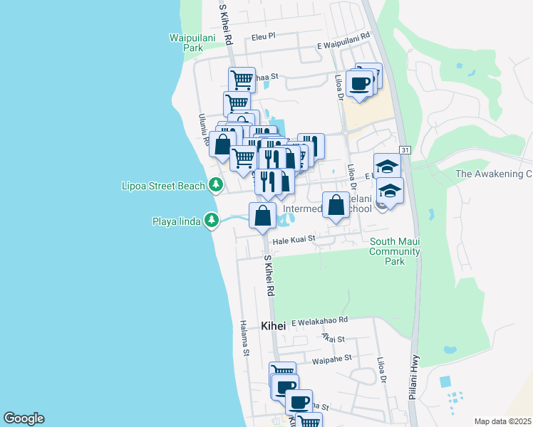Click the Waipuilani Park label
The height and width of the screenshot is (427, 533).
pyautogui.click(x=187, y=42)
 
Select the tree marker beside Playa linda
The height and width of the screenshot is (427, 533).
pyautogui.click(x=211, y=221)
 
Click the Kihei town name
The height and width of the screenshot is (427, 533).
pyautogui.click(x=273, y=326)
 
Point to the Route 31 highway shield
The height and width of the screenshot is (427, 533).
pyautogui.click(x=405, y=149)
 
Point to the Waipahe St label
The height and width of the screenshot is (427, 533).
pyautogui.click(x=333, y=359)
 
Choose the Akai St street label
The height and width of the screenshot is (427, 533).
pyautogui.click(x=333, y=340)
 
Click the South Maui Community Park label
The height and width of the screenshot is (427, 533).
pyautogui.click(x=394, y=251)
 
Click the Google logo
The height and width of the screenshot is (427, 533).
pyautogui.click(x=24, y=418)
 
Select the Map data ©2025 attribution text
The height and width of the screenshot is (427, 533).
pyautogui.click(x=502, y=421)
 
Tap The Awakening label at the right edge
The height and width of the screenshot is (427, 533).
pyautogui.click(x=494, y=174)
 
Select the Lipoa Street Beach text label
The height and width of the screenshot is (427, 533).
pyautogui.click(x=162, y=186)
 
